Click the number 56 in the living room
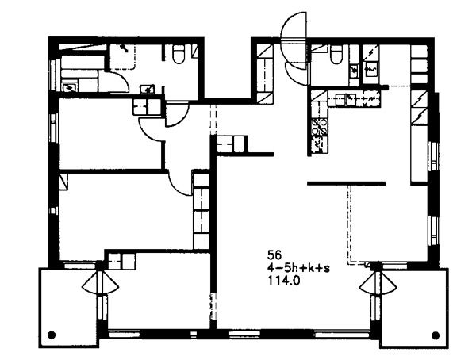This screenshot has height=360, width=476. pos(274,255)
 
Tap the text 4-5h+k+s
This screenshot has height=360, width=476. pos(298,268)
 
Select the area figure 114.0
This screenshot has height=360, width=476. pos(283,281)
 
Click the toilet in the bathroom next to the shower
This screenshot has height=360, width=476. pos(178,54)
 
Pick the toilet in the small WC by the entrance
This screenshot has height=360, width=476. pos(336,55)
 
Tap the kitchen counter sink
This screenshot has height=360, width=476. pos(351,99)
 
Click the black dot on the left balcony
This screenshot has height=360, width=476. pos(52,335)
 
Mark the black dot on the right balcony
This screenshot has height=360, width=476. pos(436,335)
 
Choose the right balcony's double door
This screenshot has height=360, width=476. pos(378,283)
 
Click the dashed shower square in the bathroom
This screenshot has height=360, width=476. pos(122,57)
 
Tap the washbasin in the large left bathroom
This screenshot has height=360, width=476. pos(148,90)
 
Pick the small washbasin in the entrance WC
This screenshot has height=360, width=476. pos(354,70)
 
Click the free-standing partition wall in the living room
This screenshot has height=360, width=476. pos(347,183)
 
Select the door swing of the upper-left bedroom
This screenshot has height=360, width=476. pos(152,130)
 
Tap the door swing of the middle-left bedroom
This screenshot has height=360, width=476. pos(180,184)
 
